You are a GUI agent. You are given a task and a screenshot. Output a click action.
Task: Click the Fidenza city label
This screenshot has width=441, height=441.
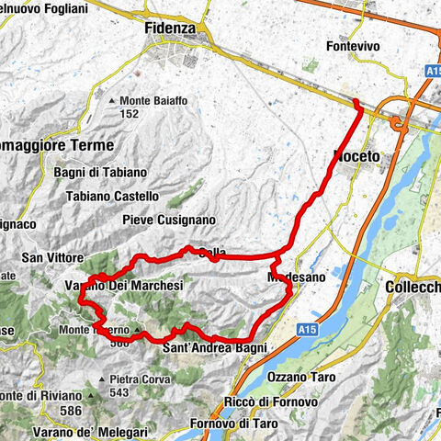pyautogui.click(x=170, y=28)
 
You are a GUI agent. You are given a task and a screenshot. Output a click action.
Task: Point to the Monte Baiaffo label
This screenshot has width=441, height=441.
pyautogui.click(x=158, y=100)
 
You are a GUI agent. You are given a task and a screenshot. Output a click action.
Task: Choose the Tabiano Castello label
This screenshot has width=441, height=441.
pyautogui.click(x=112, y=196)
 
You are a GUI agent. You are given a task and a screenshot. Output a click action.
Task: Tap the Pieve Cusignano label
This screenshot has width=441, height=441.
pyautogui.click(x=168, y=220)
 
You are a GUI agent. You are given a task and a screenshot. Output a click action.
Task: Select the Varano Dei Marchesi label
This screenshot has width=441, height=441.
pyautogui.click(x=124, y=286)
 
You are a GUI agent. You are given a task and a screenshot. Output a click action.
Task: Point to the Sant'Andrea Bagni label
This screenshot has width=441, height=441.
pyautogui.click(x=214, y=348)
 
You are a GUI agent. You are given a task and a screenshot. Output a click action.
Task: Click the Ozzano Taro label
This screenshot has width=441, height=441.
pyautogui.click(x=297, y=378)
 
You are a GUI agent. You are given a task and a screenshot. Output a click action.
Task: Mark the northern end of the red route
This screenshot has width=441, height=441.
pyautogui.click(x=356, y=100)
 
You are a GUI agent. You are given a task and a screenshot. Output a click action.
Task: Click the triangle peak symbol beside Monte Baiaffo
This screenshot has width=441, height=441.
pyautogui.click(x=113, y=100)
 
